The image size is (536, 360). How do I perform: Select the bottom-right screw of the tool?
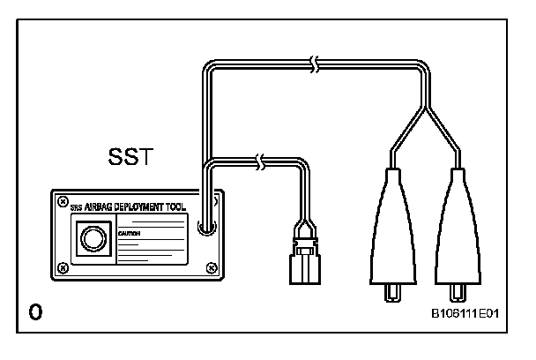click(x=209, y=266)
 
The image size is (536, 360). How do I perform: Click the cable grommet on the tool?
click(x=205, y=229)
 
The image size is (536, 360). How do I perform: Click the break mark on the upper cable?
click(x=315, y=64)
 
